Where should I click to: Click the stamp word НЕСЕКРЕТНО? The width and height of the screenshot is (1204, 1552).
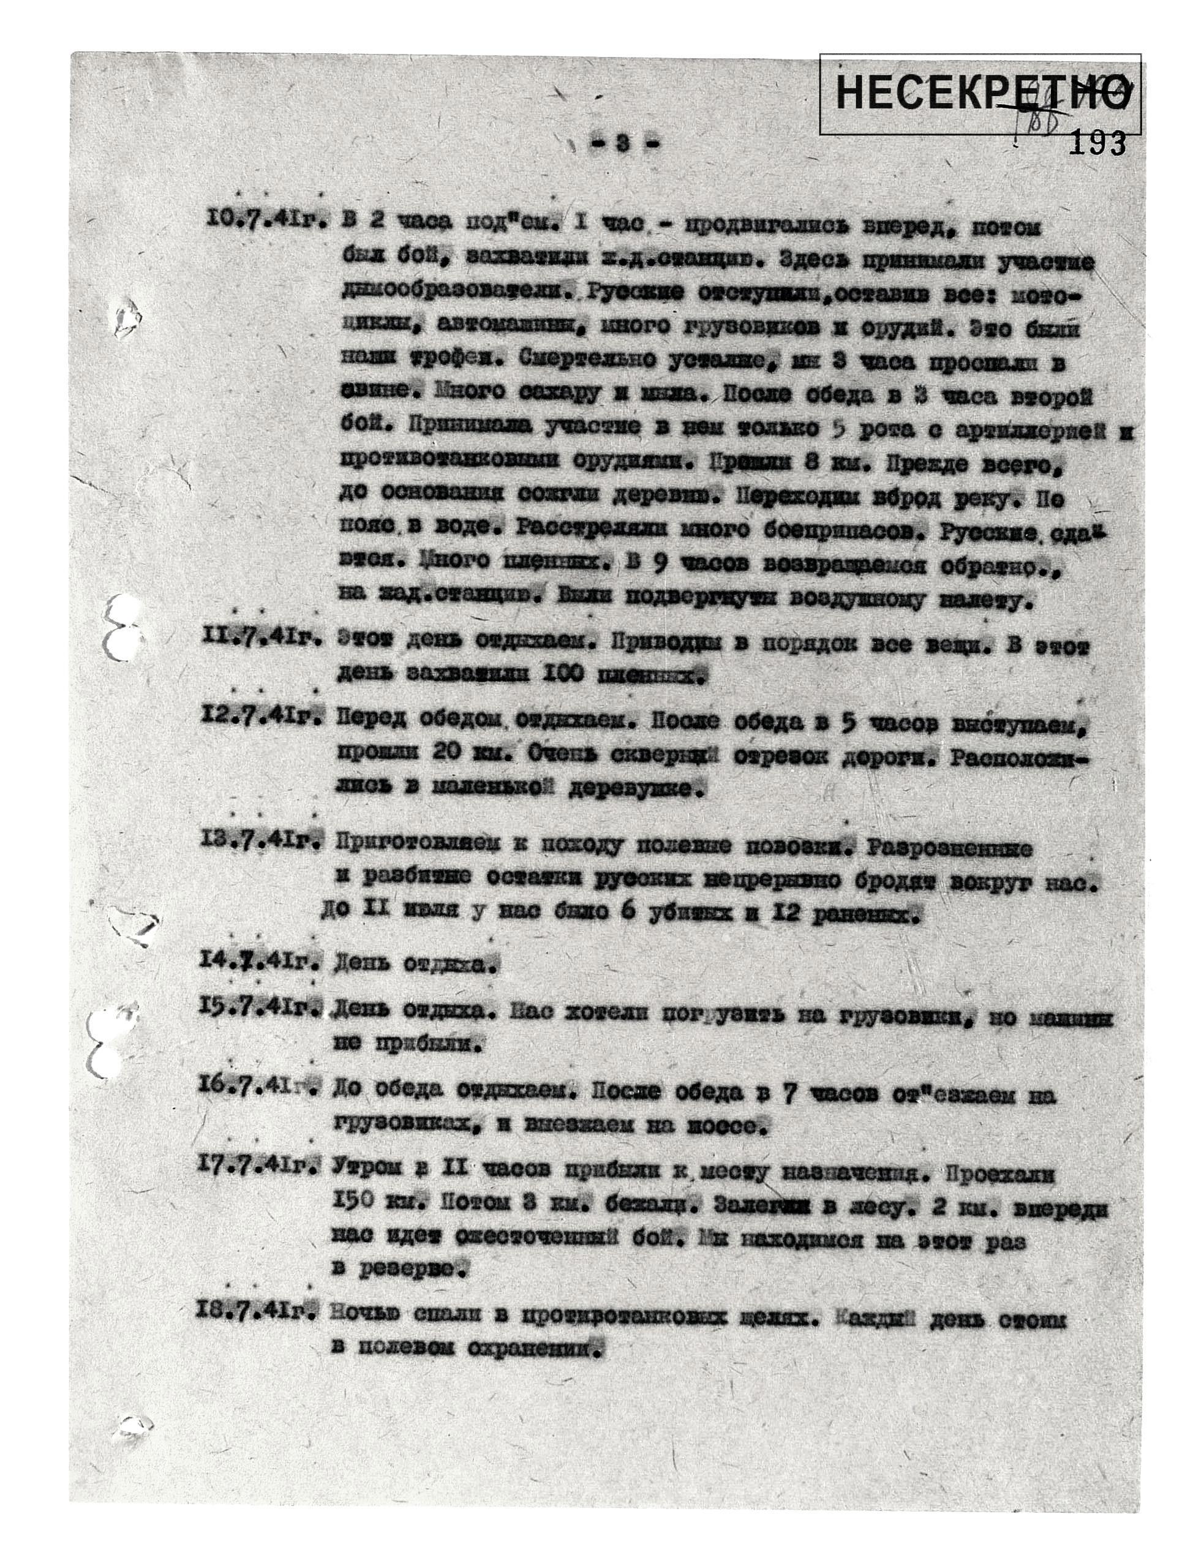coord(981,93)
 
